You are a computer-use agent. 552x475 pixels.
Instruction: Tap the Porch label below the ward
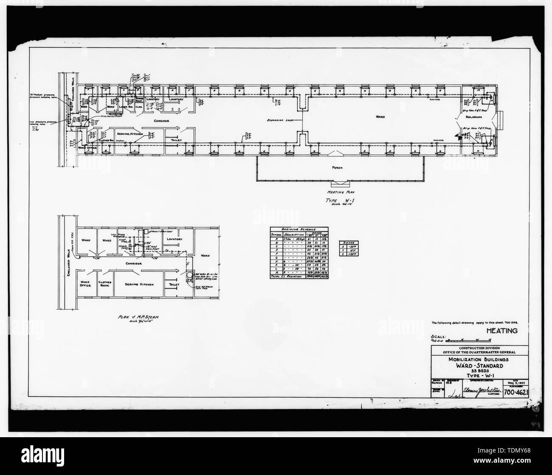(x=338, y=167)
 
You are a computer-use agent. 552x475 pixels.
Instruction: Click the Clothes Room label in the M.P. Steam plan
(x=104, y=284)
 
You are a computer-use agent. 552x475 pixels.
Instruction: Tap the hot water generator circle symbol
(x=190, y=275)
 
